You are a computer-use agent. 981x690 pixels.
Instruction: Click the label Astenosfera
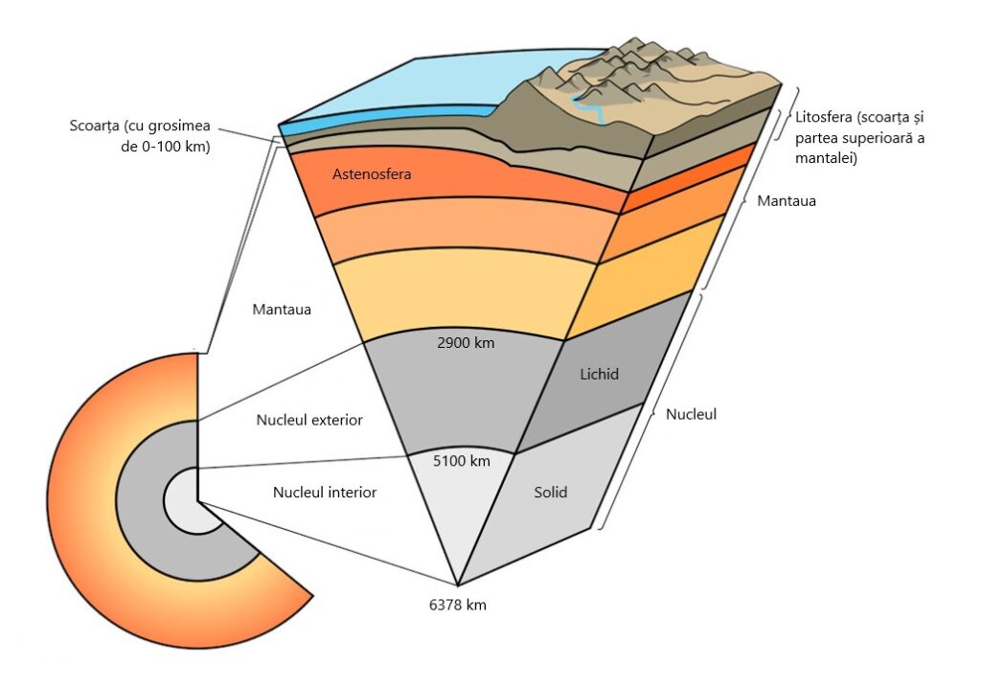click(371, 174)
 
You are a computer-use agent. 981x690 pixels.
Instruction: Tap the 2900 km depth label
click(465, 343)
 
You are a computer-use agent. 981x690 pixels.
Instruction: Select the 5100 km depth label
click(462, 461)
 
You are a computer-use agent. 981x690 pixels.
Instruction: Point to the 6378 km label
click(458, 606)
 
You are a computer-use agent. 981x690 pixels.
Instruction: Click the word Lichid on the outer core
click(600, 374)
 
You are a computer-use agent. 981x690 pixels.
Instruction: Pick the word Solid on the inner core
click(550, 493)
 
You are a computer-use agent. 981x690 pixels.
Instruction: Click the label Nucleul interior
click(325, 493)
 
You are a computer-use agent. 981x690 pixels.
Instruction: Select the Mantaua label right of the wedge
click(786, 202)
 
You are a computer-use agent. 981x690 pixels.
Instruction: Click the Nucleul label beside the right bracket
click(692, 415)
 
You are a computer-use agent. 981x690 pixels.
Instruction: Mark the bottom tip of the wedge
click(458, 584)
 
